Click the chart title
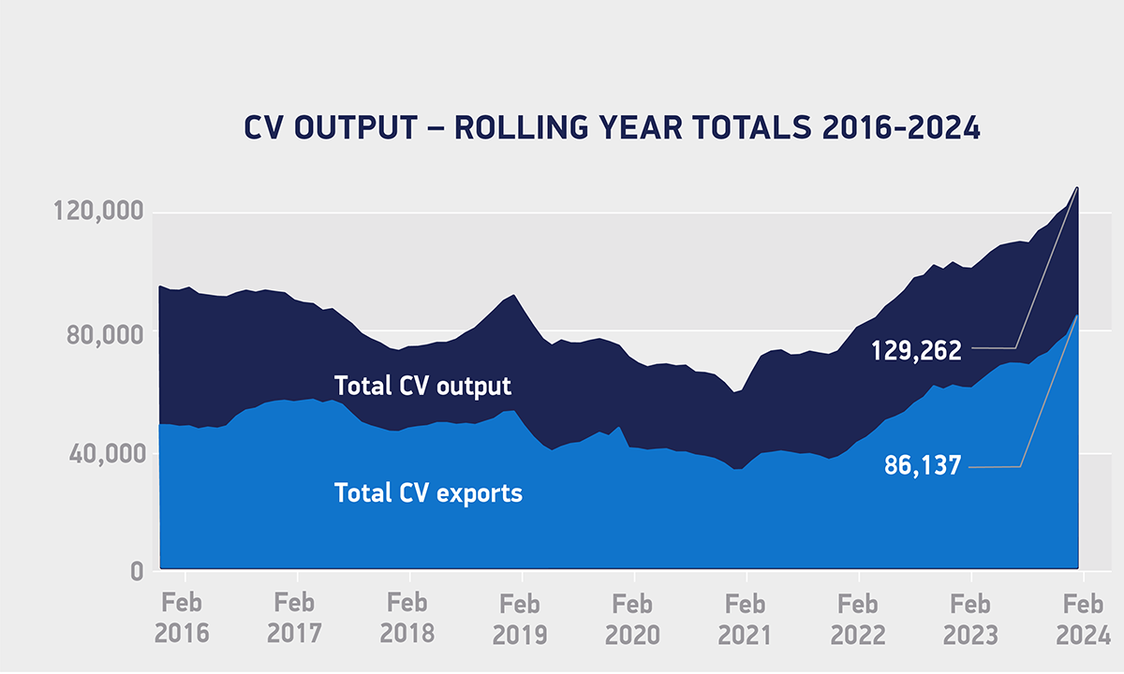click(612, 128)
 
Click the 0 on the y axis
click(136, 572)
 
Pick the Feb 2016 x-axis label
click(183, 619)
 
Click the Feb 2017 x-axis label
click(295, 619)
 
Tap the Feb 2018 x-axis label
click(407, 619)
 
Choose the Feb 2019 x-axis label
click(520, 619)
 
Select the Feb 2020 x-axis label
click(633, 619)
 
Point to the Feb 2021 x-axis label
click(746, 619)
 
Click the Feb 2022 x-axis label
click(858, 619)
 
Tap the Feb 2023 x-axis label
click(970, 619)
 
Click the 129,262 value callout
click(915, 350)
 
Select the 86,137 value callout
click(923, 465)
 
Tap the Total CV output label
click(423, 386)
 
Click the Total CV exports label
click(428, 493)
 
